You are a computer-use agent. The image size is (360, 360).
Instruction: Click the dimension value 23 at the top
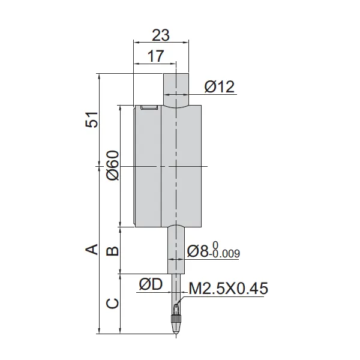tap(161, 35)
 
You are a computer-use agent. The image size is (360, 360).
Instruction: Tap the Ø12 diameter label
tap(218, 87)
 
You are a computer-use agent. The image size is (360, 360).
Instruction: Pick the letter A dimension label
tap(92, 248)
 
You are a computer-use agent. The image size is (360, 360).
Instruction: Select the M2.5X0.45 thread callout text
tap(228, 289)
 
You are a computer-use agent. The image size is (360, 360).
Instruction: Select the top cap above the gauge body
tap(176, 88)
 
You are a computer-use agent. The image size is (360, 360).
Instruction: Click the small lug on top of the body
tap(149, 107)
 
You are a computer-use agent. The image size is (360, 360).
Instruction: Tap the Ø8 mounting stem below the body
tap(176, 249)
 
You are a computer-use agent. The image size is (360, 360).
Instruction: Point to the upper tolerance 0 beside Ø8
tap(215, 244)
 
